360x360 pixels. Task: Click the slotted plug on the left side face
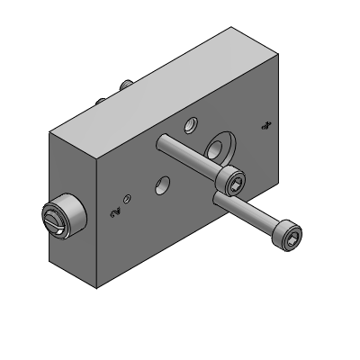coord(61,217)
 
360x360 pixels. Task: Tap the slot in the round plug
coord(52,219)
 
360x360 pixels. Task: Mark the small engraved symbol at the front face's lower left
coord(113,213)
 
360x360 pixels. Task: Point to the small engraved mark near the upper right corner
coord(265,126)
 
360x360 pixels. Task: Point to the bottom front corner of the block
coord(97,288)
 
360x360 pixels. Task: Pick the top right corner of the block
coord(278,53)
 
